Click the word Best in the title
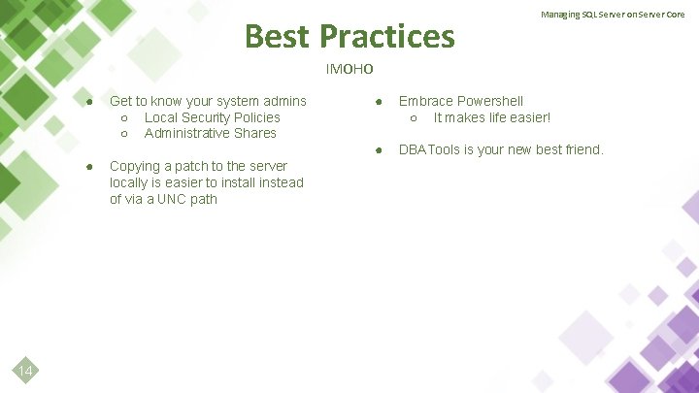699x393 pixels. click(278, 37)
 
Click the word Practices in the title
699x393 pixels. click(387, 37)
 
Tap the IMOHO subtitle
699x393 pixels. click(349, 69)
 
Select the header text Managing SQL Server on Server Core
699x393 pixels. click(613, 15)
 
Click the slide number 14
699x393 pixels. click(26, 372)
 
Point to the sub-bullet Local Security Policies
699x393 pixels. click(212, 117)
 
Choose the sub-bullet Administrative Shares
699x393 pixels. click(210, 133)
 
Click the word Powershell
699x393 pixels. click(489, 101)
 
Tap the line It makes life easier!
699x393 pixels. click(491, 117)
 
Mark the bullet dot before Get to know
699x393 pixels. click(88, 102)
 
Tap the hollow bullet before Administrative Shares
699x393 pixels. click(125, 134)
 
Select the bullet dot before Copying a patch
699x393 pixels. click(88, 167)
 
